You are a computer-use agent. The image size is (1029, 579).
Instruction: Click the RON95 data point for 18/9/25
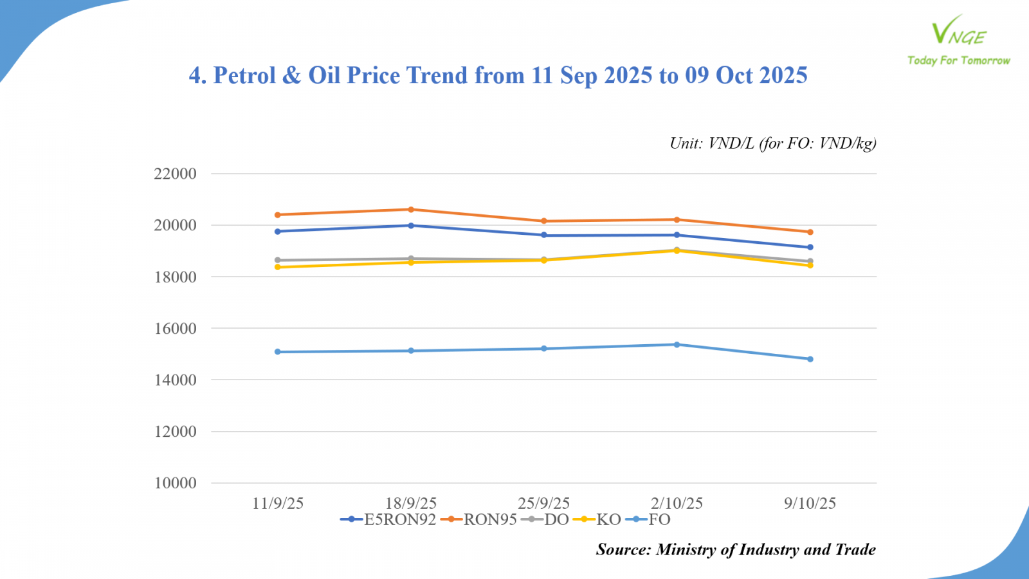[x=411, y=209]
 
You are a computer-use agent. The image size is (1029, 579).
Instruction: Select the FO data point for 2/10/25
[x=677, y=345]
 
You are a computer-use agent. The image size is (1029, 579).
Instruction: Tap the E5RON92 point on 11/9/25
[x=278, y=232]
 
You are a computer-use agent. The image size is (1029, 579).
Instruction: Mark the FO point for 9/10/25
[x=810, y=359]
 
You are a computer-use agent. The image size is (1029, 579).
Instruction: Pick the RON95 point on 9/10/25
[x=810, y=232]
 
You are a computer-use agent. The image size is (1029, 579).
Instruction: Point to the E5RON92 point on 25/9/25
[x=544, y=235]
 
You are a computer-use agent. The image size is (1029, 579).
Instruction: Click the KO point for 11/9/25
[x=278, y=267]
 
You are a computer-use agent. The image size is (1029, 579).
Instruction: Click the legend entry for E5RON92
[x=388, y=520]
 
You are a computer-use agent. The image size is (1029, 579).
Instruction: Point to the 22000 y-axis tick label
[x=175, y=174]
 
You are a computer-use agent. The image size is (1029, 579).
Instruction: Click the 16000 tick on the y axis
[x=175, y=329]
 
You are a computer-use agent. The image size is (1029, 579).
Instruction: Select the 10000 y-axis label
[x=175, y=483]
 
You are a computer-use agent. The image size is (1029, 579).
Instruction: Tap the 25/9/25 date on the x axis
[x=544, y=503]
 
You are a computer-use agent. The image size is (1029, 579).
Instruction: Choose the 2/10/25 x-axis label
[x=677, y=503]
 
